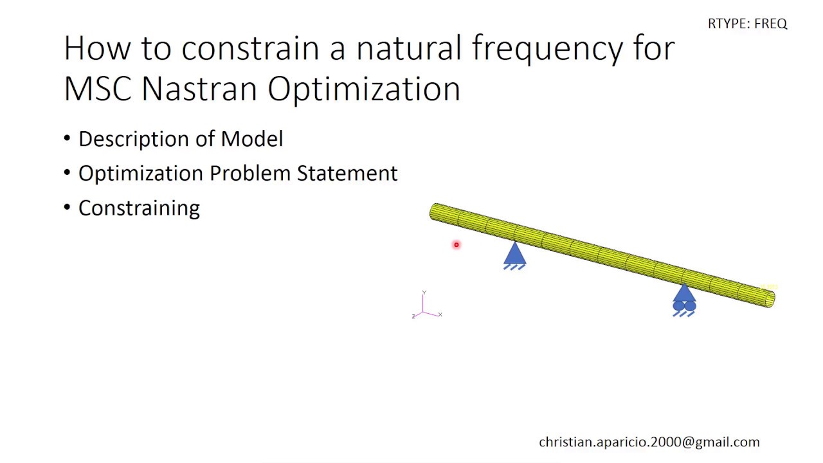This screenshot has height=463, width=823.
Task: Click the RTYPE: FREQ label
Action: [x=747, y=24]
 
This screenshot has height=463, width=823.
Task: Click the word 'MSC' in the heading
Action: [x=98, y=88]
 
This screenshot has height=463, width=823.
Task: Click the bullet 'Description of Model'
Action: [x=180, y=139]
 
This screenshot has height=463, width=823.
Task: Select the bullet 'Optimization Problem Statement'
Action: [x=237, y=174]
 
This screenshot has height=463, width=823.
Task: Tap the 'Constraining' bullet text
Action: [x=139, y=208]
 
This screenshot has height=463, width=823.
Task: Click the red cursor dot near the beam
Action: [x=457, y=244]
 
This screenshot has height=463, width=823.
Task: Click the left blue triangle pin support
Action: [x=514, y=255]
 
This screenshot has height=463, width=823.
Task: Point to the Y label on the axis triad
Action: [x=424, y=293]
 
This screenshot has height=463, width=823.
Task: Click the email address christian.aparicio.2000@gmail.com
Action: [x=649, y=442]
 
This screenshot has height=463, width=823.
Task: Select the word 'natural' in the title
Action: [x=408, y=49]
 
